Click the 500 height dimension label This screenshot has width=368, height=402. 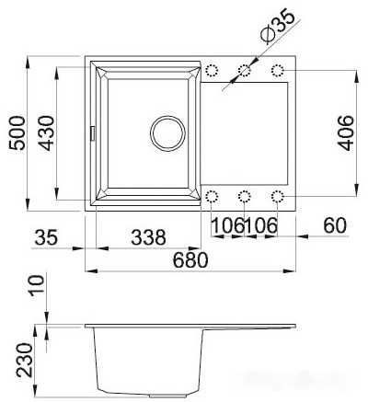[17, 133]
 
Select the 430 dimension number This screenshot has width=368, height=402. [47, 133]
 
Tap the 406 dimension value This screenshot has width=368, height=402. [345, 133]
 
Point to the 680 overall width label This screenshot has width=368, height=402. [190, 260]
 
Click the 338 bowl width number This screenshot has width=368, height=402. [148, 237]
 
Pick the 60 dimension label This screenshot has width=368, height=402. [335, 225]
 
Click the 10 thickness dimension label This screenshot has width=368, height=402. [37, 285]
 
